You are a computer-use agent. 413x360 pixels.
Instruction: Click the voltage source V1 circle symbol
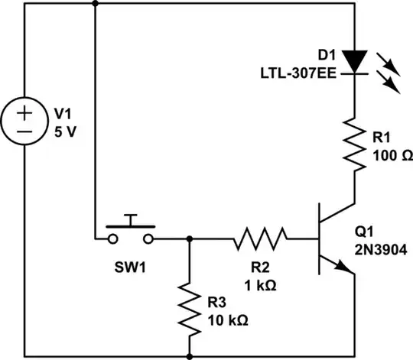pyautogui.click(x=24, y=123)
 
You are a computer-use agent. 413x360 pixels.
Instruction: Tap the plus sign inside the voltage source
pyautogui.click(x=24, y=113)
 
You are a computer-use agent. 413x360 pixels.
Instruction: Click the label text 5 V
pyautogui.click(x=65, y=129)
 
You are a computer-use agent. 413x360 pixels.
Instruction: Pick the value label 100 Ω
pyautogui.click(x=392, y=155)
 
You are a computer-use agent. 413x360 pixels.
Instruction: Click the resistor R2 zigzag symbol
pyautogui.click(x=261, y=238)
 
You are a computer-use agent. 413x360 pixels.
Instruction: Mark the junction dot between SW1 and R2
pyautogui.click(x=189, y=238)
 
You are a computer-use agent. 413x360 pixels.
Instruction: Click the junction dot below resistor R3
pyautogui.click(x=189, y=355)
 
